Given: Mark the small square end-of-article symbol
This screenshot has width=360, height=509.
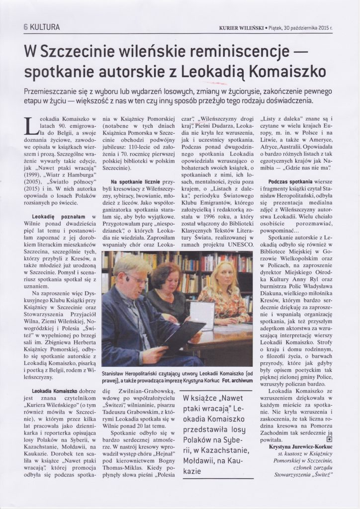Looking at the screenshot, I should tap(329, 439).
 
